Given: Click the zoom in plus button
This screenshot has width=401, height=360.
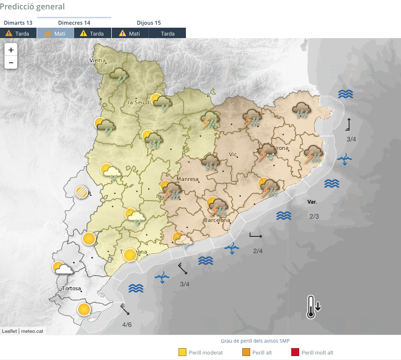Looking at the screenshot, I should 11,50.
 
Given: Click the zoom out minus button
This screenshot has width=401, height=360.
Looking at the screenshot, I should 11,62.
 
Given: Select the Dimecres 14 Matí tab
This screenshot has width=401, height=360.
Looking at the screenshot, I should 55,33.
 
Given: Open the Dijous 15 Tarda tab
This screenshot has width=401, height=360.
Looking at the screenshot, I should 167,33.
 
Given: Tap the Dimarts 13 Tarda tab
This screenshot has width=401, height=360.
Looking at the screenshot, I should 18,33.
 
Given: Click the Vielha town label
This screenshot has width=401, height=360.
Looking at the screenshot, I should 98,60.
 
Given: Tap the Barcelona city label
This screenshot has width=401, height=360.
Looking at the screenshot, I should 217,220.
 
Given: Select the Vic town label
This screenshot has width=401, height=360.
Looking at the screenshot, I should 233,154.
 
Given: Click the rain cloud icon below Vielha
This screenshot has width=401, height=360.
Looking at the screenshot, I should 119,76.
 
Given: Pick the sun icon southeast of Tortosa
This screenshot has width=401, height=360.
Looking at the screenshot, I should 84,310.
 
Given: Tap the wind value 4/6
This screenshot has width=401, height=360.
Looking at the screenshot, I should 127,324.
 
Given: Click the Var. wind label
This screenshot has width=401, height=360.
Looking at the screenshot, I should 312,202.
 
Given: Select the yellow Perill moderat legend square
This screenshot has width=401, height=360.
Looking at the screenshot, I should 182,353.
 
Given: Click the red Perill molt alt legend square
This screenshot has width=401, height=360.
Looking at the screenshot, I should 295,353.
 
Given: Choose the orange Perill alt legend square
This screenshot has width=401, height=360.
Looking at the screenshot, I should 245,353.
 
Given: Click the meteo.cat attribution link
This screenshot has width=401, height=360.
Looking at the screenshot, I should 33,331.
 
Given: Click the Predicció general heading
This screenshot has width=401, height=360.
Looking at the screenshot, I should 32,6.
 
